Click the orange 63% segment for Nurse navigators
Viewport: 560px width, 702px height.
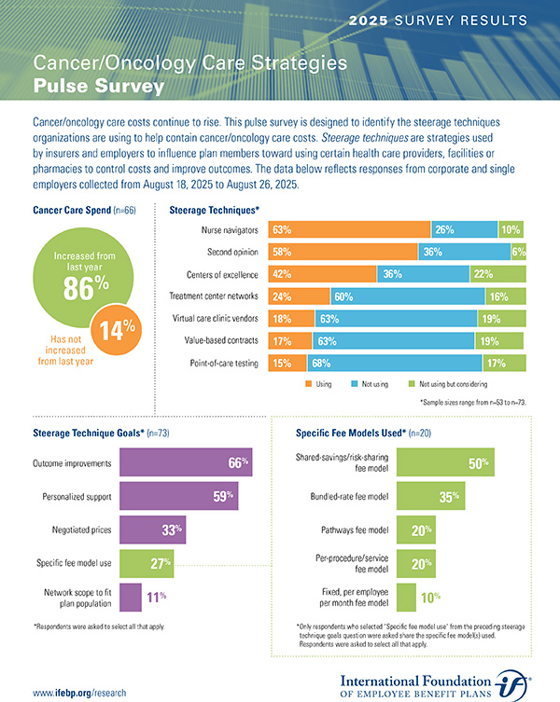(x=349, y=229)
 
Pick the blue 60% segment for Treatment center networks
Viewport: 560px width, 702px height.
(x=407, y=296)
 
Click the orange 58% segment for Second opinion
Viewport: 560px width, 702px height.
(x=343, y=252)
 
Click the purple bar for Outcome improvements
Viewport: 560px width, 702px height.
(x=187, y=463)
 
